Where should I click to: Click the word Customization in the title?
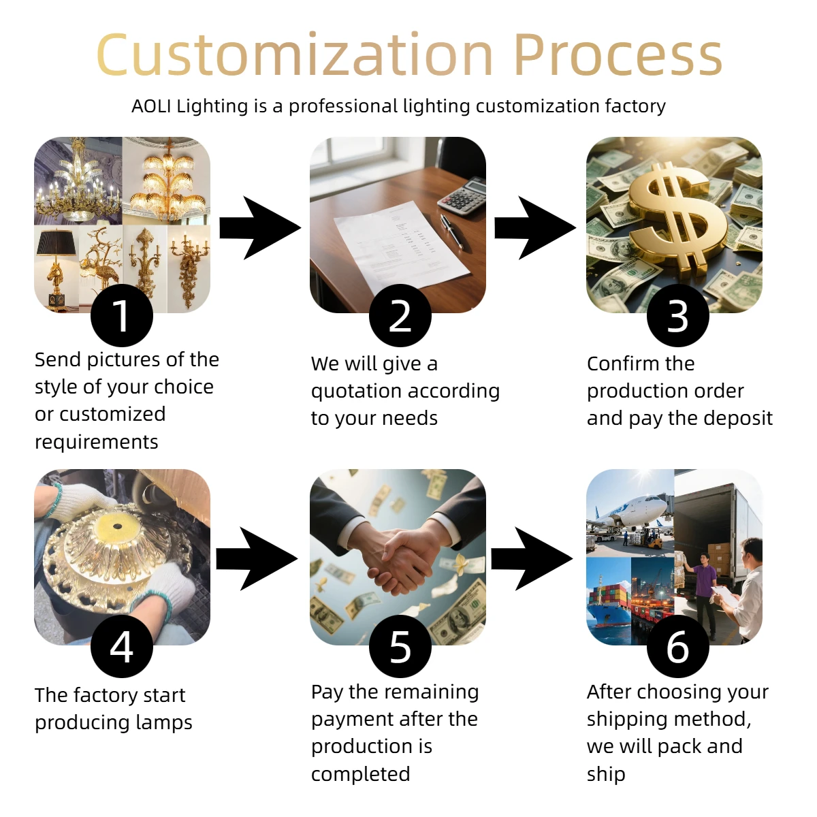295,55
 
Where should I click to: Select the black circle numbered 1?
122,315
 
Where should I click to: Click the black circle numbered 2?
400,315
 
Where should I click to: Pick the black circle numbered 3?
677,315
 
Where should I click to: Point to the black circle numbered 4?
122,646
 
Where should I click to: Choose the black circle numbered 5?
400,646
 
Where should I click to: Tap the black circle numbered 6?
677,646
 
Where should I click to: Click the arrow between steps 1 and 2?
260,227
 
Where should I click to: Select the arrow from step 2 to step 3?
535,227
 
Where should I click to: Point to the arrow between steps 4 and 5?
257,558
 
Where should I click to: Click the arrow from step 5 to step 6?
532,558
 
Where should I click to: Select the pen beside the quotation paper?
451,231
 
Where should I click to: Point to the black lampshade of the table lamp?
56,242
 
